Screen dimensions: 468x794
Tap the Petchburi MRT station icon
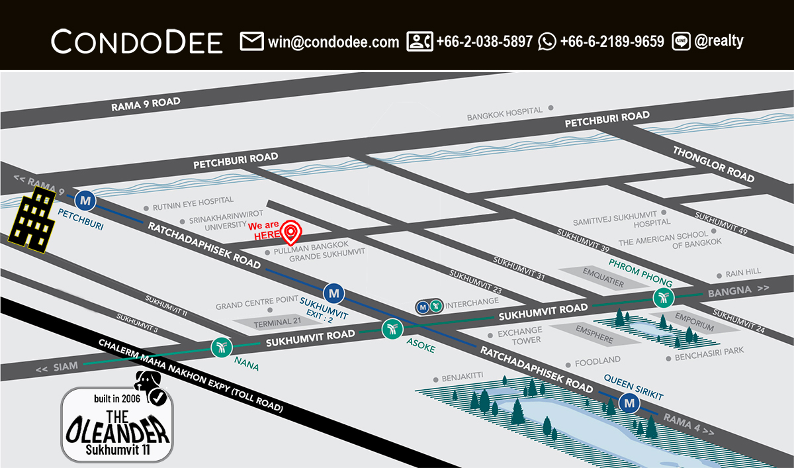85,199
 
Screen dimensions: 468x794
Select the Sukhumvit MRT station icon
333,292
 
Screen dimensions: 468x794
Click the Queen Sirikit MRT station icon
629,402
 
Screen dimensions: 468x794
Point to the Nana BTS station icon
220,347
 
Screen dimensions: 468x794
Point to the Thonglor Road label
713,164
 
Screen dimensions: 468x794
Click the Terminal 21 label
272,322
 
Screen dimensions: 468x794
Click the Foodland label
597,361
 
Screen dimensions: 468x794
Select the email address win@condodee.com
333,42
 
